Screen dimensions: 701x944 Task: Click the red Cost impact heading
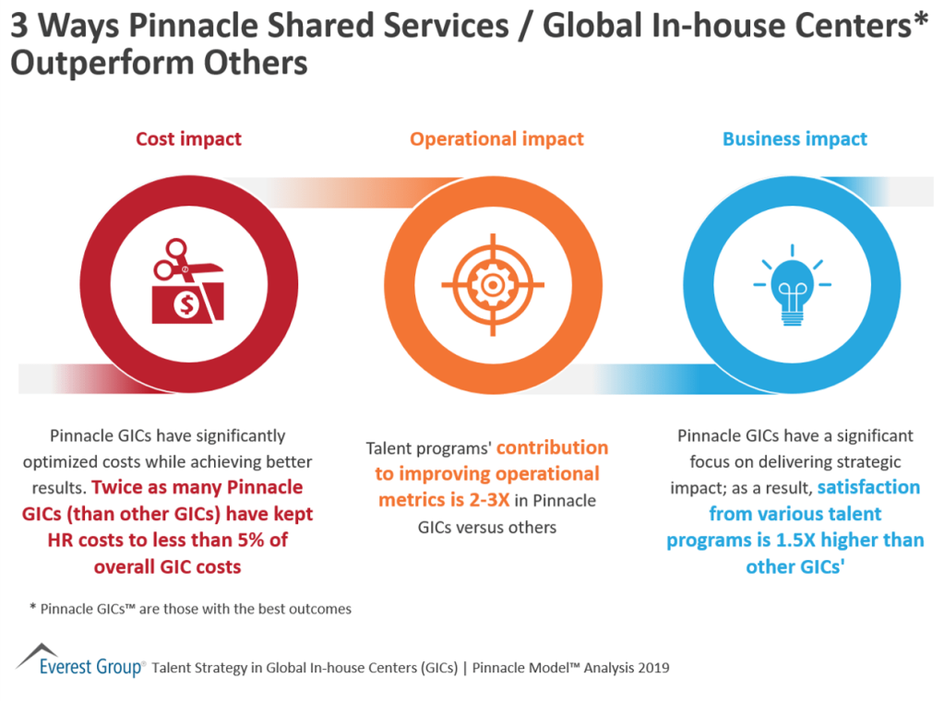(188, 139)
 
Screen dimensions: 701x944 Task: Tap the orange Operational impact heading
(496, 139)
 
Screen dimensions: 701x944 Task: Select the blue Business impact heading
(795, 139)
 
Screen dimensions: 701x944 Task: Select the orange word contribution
(552, 448)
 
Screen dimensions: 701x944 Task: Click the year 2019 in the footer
(651, 667)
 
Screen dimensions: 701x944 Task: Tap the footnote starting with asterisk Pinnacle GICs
(189, 609)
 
